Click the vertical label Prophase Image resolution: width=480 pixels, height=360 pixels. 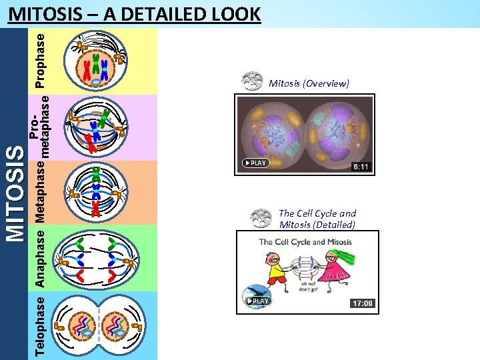(x=41, y=61)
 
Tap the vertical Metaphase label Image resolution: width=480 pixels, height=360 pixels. (x=41, y=193)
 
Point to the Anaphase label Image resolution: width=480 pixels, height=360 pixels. (x=41, y=258)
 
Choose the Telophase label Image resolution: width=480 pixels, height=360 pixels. (x=41, y=325)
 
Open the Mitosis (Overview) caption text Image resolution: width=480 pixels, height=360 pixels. (x=309, y=83)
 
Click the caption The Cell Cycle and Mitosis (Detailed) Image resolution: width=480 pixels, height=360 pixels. (x=317, y=219)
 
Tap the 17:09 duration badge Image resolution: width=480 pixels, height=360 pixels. (x=363, y=303)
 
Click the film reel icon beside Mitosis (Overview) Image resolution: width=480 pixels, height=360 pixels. (x=252, y=81)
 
